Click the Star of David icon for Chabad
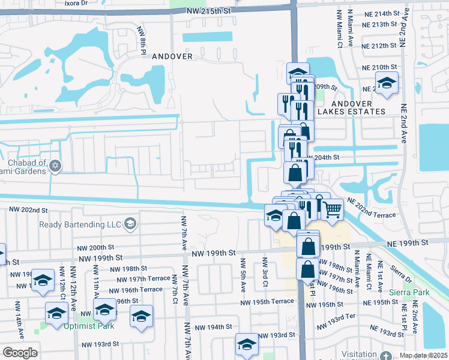55,165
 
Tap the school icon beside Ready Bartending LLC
129,224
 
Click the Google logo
20,352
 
